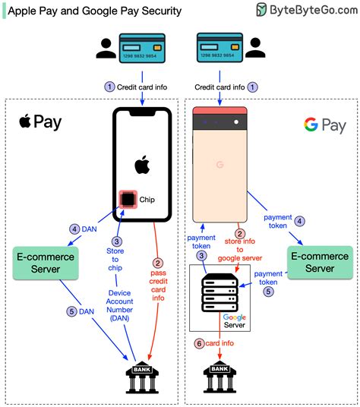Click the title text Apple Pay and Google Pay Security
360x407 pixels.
(x=94, y=11)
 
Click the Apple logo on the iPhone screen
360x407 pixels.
(x=141, y=165)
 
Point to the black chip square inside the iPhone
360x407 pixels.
(x=127, y=200)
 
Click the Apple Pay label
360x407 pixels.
(x=40, y=122)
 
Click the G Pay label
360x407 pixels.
(x=324, y=125)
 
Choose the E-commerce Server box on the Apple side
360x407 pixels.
(x=46, y=263)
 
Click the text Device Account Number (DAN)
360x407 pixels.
(x=120, y=305)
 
